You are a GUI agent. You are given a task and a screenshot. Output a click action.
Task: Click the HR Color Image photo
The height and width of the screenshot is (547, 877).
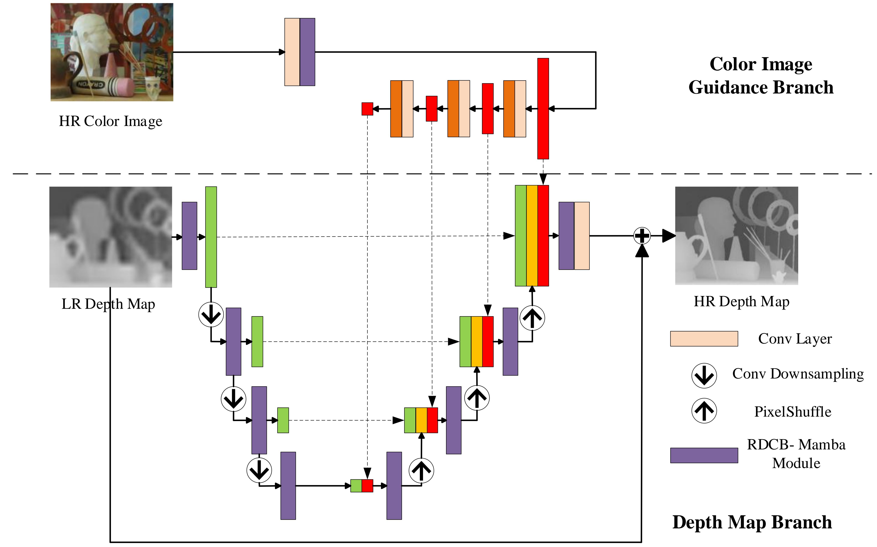coord(112,52)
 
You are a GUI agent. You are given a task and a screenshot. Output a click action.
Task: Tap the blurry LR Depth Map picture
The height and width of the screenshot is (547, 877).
coord(111,237)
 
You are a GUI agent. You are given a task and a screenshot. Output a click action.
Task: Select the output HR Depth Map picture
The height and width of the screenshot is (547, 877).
coord(736,236)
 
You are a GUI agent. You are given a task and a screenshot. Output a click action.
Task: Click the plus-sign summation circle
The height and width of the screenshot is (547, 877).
coord(642,236)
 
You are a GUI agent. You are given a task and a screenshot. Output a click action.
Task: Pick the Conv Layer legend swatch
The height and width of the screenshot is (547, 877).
coord(704,339)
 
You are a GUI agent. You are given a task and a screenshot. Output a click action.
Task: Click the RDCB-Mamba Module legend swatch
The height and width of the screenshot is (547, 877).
coord(704,455)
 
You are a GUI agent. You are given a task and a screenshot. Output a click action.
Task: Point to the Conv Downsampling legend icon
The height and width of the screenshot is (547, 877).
coord(704,376)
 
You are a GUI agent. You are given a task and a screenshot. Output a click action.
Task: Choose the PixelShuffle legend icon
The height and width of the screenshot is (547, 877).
coord(704,411)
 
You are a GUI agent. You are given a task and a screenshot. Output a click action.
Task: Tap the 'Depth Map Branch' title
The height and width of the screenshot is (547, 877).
coord(752,522)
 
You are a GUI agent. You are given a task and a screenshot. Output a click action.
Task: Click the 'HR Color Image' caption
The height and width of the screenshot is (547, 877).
coord(111,121)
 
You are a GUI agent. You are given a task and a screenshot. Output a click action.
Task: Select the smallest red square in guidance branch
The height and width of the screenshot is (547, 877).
coord(367,109)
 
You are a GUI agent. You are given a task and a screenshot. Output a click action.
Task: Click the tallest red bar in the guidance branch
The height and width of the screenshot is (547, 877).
coord(543,108)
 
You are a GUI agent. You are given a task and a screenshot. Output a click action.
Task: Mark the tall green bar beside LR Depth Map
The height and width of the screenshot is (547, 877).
coord(211,237)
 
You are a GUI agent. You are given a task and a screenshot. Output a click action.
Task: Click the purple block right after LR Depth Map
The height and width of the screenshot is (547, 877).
coord(190,236)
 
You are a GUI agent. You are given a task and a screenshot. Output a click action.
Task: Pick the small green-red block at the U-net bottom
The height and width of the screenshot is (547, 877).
coord(362,486)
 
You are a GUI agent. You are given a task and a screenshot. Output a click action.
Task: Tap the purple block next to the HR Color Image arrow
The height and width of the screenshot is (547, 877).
coord(307,52)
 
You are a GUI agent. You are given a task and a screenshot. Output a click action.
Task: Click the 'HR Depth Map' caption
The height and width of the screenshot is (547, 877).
coord(741,301)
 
